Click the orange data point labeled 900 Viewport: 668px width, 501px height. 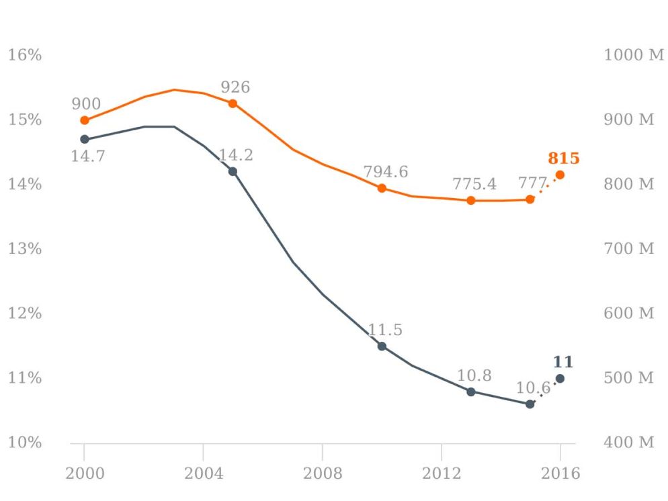(85, 120)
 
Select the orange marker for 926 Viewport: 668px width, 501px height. (233, 103)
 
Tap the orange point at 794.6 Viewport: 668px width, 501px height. (382, 188)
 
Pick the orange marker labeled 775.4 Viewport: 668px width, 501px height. (470, 200)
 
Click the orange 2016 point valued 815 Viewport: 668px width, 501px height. (560, 175)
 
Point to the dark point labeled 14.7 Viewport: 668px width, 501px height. (85, 139)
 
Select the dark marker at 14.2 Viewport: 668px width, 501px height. (233, 171)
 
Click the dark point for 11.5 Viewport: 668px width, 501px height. (382, 346)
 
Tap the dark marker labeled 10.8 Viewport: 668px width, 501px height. (470, 392)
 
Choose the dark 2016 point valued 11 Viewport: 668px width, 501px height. (560, 378)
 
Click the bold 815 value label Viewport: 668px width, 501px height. (563, 158)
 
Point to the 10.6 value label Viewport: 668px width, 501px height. (533, 388)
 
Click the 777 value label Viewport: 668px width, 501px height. (532, 184)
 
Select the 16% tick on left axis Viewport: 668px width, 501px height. (25, 55)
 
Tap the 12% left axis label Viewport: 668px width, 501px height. (25, 314)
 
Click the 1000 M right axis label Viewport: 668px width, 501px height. (633, 55)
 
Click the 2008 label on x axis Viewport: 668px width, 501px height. (322, 473)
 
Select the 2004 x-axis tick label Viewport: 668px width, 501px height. (203, 473)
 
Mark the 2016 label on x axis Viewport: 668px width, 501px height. (560, 473)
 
